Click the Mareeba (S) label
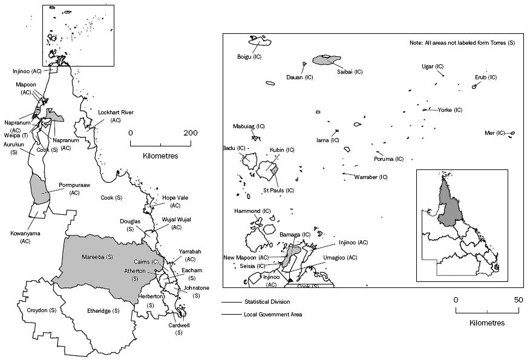[x=97, y=257]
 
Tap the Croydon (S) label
[x=42, y=310]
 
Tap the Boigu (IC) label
[x=249, y=56]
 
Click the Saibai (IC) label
[x=350, y=71]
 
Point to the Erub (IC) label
[x=485, y=77]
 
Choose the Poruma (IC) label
[x=388, y=159]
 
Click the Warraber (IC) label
[x=370, y=177]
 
